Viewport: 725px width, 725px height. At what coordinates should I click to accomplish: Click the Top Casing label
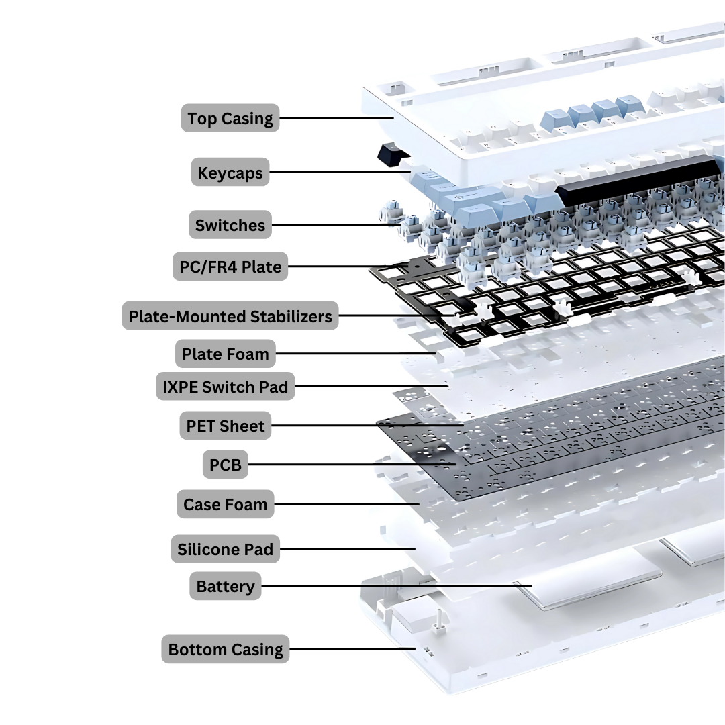click(230, 118)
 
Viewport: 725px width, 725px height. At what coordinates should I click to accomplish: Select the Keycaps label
click(230, 172)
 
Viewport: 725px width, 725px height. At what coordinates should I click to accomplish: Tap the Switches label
click(230, 225)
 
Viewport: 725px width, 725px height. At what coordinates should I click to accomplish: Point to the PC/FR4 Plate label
click(230, 267)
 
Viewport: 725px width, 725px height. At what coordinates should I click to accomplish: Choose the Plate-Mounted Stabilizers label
click(230, 316)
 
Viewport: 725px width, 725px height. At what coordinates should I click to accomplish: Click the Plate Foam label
click(226, 354)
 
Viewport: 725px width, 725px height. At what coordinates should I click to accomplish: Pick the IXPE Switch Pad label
click(226, 386)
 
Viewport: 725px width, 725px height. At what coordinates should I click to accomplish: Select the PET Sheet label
click(226, 426)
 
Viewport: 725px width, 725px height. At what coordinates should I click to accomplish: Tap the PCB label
click(226, 465)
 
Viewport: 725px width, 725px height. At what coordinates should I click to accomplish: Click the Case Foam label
click(226, 504)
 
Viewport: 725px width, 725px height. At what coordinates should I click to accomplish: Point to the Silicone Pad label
click(226, 549)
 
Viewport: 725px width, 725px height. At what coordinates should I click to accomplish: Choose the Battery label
click(226, 586)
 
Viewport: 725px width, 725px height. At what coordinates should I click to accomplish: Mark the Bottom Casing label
click(226, 648)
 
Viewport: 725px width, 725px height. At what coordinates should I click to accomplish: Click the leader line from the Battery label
click(397, 586)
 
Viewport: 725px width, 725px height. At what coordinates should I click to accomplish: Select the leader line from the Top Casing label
click(336, 118)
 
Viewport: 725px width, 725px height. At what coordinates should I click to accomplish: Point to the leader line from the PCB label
click(352, 465)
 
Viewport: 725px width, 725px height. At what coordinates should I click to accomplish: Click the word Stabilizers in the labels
click(291, 316)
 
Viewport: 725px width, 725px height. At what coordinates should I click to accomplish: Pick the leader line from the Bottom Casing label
click(353, 648)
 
